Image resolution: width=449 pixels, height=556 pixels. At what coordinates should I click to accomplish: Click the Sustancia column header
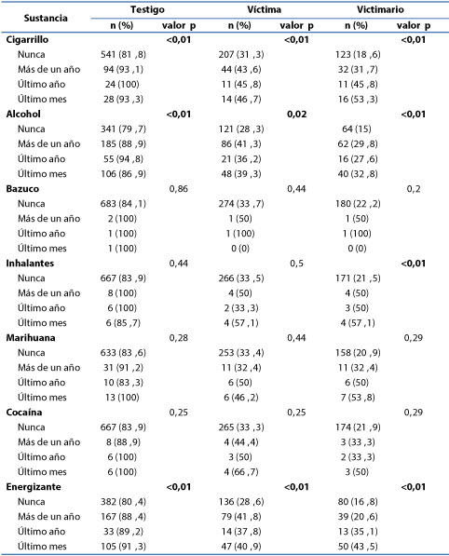pos(46,18)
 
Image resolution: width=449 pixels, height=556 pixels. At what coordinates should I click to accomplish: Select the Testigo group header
pos(147,9)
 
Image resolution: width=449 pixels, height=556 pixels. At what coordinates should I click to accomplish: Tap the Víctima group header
pos(265,9)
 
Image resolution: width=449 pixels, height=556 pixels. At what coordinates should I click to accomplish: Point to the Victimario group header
pos(380,9)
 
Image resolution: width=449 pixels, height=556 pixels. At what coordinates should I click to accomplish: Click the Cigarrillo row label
pos(27,39)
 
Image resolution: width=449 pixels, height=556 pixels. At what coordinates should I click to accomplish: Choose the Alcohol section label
pos(23,114)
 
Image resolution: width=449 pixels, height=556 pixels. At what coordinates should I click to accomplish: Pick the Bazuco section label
pos(22,189)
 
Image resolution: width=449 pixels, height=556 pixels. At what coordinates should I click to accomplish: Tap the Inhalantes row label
pos(30,264)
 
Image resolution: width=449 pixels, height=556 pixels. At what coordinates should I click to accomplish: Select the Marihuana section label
pos(31,337)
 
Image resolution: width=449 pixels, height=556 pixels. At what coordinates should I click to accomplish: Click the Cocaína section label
pos(24,412)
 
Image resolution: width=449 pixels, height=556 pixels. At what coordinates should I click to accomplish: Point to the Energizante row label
pos(34,486)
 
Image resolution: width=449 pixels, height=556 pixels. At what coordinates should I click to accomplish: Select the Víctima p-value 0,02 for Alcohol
pos(296,115)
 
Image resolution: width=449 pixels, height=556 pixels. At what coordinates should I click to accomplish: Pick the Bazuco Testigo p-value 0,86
pos(179,189)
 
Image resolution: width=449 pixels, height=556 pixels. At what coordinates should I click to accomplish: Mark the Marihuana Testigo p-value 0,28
pos(179,337)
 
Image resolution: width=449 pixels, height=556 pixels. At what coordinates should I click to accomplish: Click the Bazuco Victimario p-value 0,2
pos(414,189)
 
